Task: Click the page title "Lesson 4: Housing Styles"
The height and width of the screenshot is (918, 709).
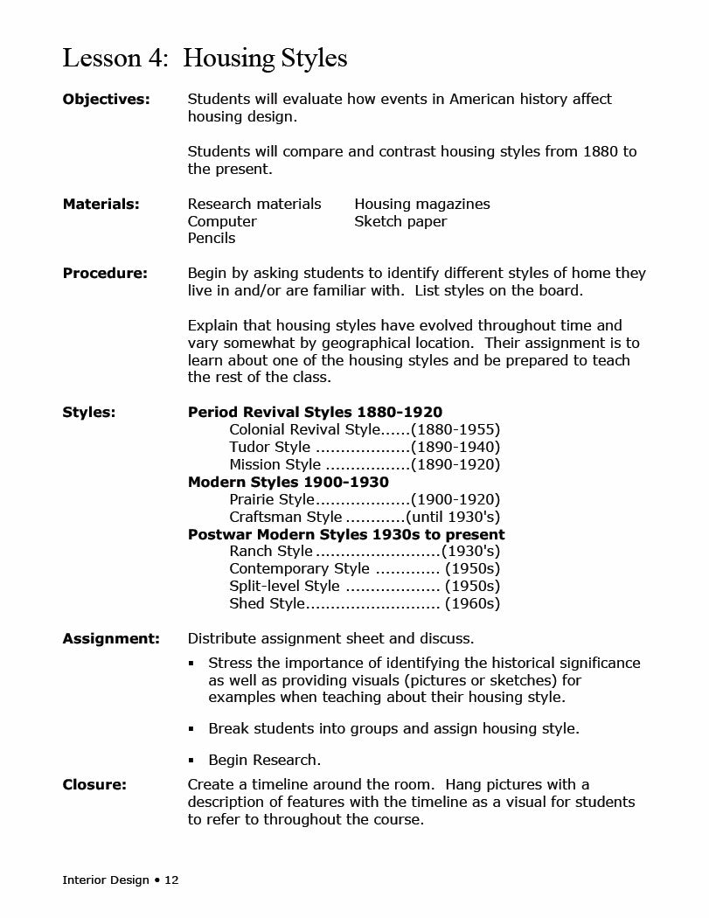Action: (x=205, y=59)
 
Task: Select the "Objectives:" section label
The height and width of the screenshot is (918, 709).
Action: (x=106, y=100)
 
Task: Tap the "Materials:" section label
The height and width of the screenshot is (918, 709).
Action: (x=101, y=205)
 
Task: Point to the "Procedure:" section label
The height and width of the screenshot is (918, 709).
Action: (x=105, y=274)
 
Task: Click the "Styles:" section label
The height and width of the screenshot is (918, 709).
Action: (x=88, y=413)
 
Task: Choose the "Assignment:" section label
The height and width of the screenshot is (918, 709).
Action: (x=111, y=639)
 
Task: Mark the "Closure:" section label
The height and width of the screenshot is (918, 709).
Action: (x=94, y=785)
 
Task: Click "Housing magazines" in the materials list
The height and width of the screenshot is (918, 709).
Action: (x=422, y=205)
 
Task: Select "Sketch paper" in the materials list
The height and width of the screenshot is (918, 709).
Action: (x=400, y=222)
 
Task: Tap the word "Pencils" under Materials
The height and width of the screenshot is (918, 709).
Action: (x=212, y=239)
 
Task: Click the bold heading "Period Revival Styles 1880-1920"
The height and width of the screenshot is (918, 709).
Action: (x=315, y=413)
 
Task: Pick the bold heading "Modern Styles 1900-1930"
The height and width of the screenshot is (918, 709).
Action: (x=288, y=483)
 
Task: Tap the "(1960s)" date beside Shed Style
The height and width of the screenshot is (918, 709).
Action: (x=472, y=604)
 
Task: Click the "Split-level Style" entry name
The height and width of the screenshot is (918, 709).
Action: (x=284, y=587)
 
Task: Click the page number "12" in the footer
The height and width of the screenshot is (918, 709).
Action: (x=171, y=880)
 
